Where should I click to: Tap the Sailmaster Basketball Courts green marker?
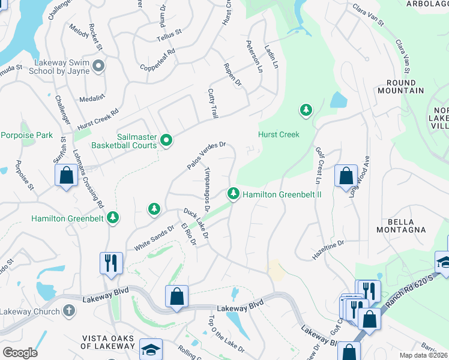coord(167,140)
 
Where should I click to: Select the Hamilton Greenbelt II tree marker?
coord(232,194)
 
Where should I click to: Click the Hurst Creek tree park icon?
coord(306,110)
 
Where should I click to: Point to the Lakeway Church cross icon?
coord(69,311)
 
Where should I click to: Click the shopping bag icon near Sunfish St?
coord(66,175)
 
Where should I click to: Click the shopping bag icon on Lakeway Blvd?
coord(176,296)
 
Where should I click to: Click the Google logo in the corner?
coord(20,353)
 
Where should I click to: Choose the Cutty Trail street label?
coord(212,103)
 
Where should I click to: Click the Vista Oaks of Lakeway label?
coord(109,342)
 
